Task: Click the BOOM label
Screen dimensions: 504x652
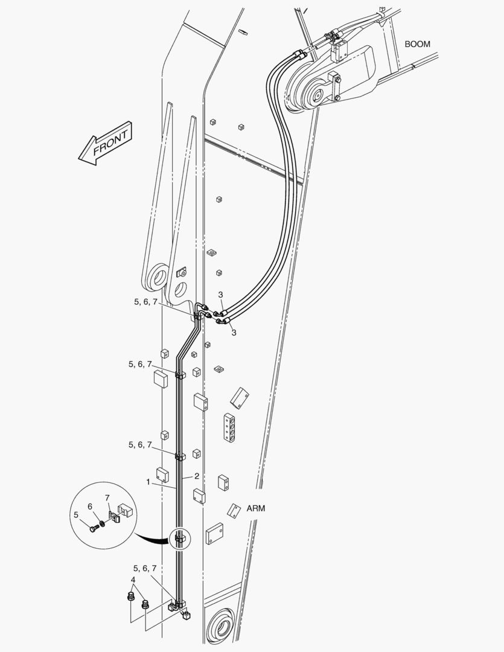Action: point(418,44)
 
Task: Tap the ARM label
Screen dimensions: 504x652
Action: point(256,508)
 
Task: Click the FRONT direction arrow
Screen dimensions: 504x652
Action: point(106,143)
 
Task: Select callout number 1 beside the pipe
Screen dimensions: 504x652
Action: point(148,482)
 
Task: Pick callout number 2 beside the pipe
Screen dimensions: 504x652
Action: point(197,476)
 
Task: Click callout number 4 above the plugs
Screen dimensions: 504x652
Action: point(133,580)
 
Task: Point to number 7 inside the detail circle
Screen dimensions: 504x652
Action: point(107,497)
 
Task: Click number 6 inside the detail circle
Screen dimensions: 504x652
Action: point(90,506)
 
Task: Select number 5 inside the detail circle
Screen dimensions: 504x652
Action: point(75,515)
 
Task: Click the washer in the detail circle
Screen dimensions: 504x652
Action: point(102,522)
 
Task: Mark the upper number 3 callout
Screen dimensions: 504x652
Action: point(221,295)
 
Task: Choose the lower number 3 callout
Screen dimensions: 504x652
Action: point(234,333)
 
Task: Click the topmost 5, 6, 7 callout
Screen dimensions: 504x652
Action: point(145,302)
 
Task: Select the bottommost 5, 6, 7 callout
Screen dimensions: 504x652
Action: point(145,568)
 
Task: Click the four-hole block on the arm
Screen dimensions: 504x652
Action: point(228,427)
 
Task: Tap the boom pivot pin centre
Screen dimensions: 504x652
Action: point(317,95)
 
